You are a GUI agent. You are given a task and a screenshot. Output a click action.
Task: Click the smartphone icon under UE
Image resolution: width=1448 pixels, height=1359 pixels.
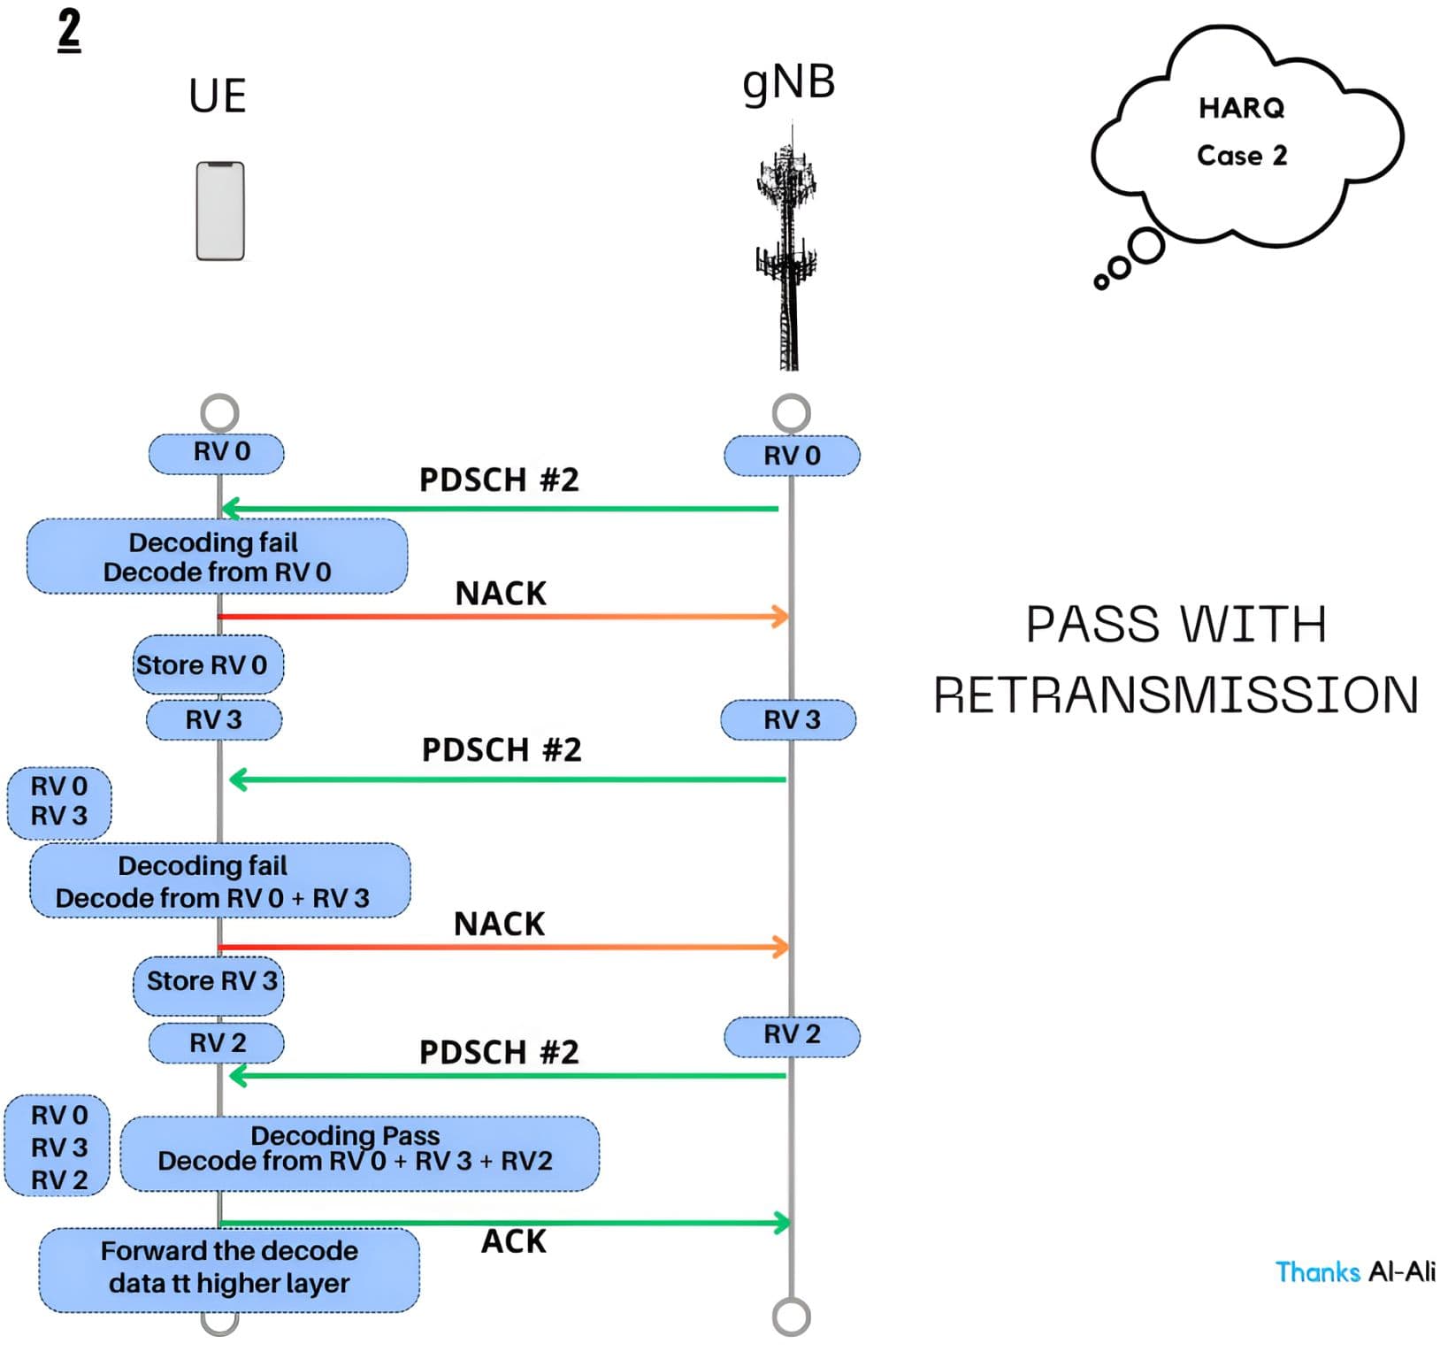pos(220,211)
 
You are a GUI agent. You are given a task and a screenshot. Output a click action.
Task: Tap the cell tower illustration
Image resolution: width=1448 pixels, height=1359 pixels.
pos(787,248)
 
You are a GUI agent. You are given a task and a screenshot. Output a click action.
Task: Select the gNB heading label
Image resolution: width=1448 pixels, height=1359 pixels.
pos(789,83)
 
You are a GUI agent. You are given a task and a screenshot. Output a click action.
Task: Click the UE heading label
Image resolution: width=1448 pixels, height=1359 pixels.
pos(218,96)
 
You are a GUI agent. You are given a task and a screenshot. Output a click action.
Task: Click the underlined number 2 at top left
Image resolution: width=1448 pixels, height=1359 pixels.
pos(69,30)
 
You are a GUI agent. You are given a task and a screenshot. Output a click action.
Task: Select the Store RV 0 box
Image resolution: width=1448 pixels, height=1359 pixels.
pos(208,664)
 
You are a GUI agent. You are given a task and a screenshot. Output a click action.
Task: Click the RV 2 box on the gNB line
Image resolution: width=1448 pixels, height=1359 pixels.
pos(792,1036)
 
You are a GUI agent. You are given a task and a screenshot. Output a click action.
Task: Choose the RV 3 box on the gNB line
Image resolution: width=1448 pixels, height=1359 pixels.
pos(788,720)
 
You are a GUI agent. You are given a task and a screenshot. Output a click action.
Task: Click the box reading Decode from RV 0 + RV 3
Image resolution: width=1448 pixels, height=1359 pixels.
pos(220,880)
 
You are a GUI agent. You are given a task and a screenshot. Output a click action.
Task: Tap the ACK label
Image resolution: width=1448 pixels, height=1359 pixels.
pos(514,1242)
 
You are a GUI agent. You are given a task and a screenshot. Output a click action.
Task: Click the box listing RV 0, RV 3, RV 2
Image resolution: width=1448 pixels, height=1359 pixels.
pos(57,1146)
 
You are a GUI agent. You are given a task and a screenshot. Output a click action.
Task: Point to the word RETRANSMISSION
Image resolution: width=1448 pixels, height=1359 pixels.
pos(1176,695)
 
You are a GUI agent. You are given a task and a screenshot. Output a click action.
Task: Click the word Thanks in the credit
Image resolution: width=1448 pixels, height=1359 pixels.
pos(1317,1272)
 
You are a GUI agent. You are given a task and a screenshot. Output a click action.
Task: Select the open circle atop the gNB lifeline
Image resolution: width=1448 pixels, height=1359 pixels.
pos(792,412)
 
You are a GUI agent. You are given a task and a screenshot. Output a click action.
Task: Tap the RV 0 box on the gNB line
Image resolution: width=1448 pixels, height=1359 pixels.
pos(792,457)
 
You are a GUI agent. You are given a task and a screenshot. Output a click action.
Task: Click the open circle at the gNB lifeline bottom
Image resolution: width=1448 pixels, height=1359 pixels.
pos(792,1317)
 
